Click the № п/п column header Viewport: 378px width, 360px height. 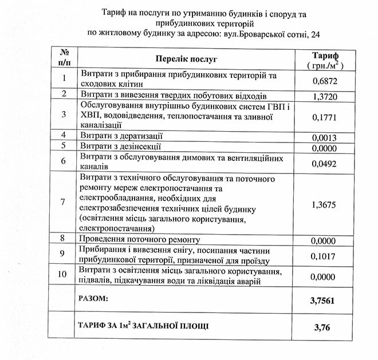[64, 59]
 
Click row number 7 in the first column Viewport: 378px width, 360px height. [64, 202]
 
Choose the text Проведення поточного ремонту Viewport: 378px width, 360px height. [140, 239]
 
